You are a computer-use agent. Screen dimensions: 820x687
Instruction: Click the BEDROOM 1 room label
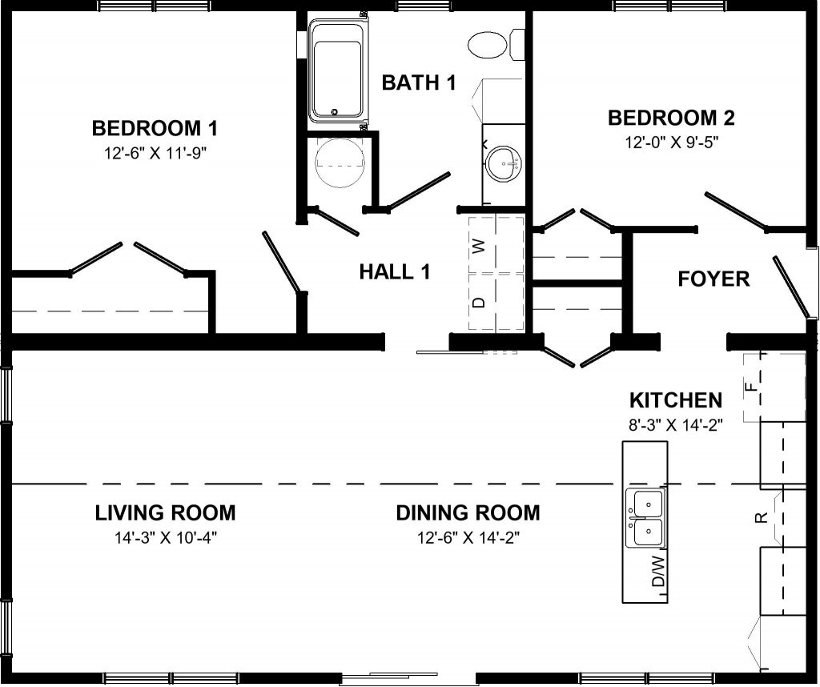[155, 128]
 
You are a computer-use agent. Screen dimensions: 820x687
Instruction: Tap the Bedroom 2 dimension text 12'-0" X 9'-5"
[672, 143]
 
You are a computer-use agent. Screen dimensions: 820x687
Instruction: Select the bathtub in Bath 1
[337, 71]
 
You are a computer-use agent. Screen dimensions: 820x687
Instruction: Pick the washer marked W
[481, 245]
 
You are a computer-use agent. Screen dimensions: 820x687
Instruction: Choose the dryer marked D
[481, 302]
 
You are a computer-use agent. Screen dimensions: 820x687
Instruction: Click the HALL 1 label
[395, 272]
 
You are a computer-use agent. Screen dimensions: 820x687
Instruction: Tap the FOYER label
[713, 279]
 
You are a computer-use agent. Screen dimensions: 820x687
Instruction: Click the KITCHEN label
[676, 400]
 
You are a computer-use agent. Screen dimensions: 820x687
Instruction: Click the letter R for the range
[762, 517]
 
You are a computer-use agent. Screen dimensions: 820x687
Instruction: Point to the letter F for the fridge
[750, 387]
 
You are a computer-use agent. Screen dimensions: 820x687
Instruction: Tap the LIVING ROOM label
[165, 513]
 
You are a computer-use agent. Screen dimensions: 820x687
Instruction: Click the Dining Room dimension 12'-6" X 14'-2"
[468, 537]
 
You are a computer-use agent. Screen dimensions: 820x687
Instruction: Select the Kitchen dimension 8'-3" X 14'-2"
[676, 425]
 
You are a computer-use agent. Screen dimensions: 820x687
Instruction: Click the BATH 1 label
[419, 82]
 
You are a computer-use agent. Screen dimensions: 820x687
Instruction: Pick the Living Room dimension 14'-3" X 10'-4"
[165, 537]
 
